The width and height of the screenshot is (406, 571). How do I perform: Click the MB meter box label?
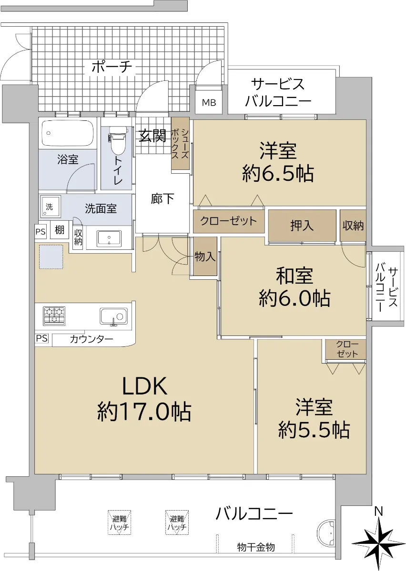[x=209, y=102]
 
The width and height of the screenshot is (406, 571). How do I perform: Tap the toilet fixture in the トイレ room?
[x=118, y=140]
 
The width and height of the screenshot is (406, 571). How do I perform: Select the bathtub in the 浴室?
[x=67, y=133]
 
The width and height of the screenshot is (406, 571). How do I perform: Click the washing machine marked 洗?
[x=51, y=207]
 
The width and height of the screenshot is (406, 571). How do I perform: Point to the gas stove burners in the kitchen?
[x=54, y=316]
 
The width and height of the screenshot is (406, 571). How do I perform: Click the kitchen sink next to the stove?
[x=113, y=316]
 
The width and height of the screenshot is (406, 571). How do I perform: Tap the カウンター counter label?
[x=91, y=339]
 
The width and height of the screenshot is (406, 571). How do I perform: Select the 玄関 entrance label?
[x=152, y=135]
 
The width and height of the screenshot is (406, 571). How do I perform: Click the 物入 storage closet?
[x=205, y=256]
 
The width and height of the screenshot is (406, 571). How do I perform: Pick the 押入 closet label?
[x=302, y=226]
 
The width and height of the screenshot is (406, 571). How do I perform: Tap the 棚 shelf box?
[x=60, y=230]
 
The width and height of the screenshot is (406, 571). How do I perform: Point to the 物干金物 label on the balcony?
[x=256, y=547]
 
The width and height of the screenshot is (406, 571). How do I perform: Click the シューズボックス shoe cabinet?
[x=180, y=144]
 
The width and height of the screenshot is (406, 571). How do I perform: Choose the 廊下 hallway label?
[x=162, y=198]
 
